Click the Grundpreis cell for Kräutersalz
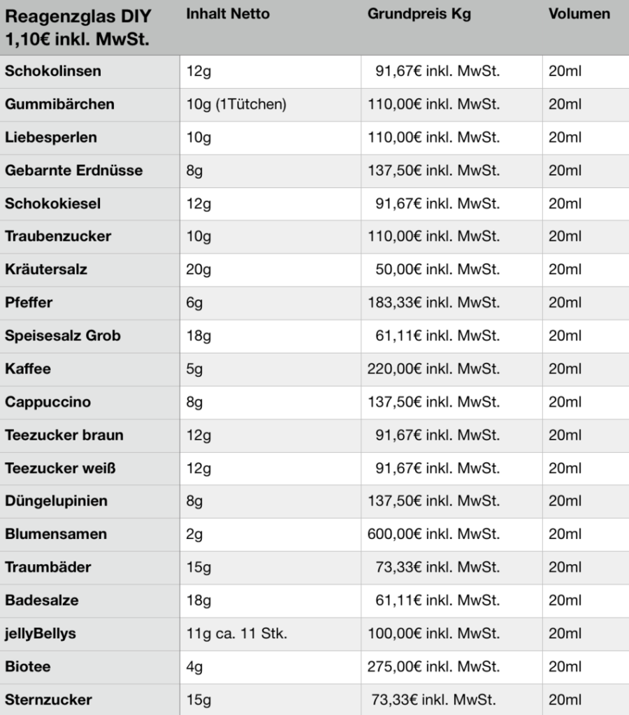tap(438, 270)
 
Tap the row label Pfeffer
tap(29, 303)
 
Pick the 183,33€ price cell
tap(434, 303)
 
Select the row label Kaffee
tap(28, 369)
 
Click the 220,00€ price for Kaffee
tap(434, 369)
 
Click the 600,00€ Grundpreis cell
tap(434, 534)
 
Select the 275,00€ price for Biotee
tap(434, 667)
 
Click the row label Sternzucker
tap(48, 700)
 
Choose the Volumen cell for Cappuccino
tap(565, 402)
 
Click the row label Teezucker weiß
tap(60, 468)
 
